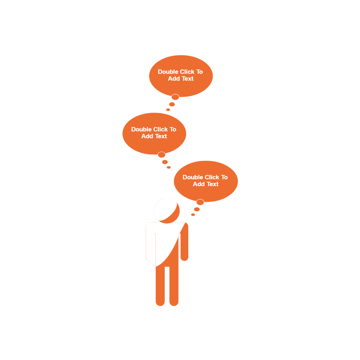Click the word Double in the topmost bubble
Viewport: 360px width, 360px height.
pyautogui.click(x=168, y=72)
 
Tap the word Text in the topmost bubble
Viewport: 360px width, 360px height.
pyautogui.click(x=187, y=79)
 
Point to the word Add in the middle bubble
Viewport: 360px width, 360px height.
pyautogui.click(x=147, y=136)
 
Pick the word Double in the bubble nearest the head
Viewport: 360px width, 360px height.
pyautogui.click(x=193, y=177)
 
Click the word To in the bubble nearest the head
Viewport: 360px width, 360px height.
pyautogui.click(x=224, y=177)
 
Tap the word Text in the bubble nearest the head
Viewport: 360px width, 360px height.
pyautogui.click(x=212, y=184)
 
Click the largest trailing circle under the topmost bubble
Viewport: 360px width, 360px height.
pyautogui.click(x=175, y=97)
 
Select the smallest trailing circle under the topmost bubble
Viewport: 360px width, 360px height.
pyautogui.click(x=168, y=110)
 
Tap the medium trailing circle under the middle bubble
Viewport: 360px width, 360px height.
pyautogui.click(x=165, y=162)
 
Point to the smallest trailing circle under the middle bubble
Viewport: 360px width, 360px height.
pyautogui.click(x=168, y=167)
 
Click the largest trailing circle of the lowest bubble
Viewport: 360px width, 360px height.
pyautogui.click(x=200, y=202)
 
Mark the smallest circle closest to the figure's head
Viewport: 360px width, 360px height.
pyautogui.click(x=193, y=215)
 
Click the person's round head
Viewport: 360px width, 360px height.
pyautogui.click(x=167, y=211)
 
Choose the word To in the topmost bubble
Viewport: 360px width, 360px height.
pyautogui.click(x=199, y=72)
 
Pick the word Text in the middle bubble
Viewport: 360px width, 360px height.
pyautogui.click(x=161, y=136)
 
